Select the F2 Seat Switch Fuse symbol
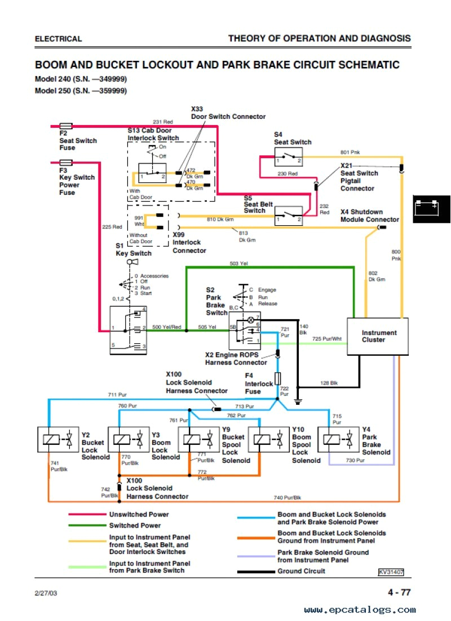click(x=65, y=126)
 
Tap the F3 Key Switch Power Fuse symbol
click(x=65, y=163)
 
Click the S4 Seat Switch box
click(x=288, y=157)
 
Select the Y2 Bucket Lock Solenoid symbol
click(x=57, y=439)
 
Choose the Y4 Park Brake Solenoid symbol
click(x=339, y=439)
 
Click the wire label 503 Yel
click(x=238, y=263)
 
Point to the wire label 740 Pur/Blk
click(x=288, y=497)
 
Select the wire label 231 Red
click(x=162, y=122)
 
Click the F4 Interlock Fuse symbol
click(x=277, y=378)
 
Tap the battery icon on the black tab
click(x=427, y=206)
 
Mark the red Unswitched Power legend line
click(x=87, y=514)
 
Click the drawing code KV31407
click(x=391, y=572)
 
